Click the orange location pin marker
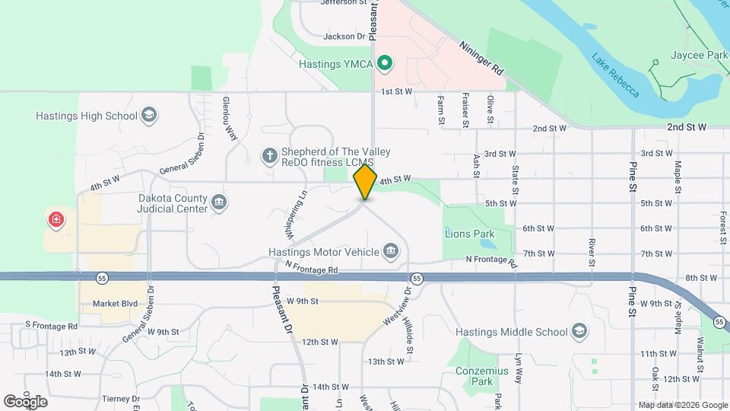click(x=365, y=182)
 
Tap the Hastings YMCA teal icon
click(x=385, y=63)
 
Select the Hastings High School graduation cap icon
click(x=150, y=116)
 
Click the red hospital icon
click(x=56, y=221)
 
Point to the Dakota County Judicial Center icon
click(x=219, y=202)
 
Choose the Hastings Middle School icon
click(x=579, y=332)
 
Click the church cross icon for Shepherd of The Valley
click(x=268, y=156)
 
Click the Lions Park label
click(x=470, y=234)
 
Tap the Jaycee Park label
click(x=699, y=56)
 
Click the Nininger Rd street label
click(x=481, y=57)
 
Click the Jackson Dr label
click(x=344, y=36)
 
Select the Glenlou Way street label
click(x=229, y=118)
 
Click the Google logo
click(x=25, y=401)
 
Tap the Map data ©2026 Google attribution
click(x=682, y=405)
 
